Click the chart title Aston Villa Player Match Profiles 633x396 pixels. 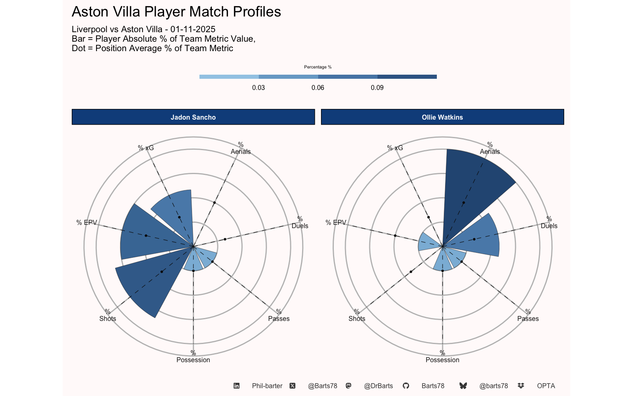click(x=176, y=12)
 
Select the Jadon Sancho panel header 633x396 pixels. click(x=193, y=117)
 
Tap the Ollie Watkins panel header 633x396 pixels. click(x=442, y=117)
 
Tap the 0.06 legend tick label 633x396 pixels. click(x=318, y=88)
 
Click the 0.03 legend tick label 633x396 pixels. click(x=258, y=88)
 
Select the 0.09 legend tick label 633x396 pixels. click(x=377, y=88)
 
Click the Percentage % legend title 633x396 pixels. click(x=318, y=67)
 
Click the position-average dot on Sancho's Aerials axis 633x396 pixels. click(x=215, y=203)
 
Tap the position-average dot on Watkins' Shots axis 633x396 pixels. click(x=411, y=272)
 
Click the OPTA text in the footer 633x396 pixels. click(x=546, y=386)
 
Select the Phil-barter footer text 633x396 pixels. click(x=267, y=386)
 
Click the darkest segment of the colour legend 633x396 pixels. click(x=407, y=77)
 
